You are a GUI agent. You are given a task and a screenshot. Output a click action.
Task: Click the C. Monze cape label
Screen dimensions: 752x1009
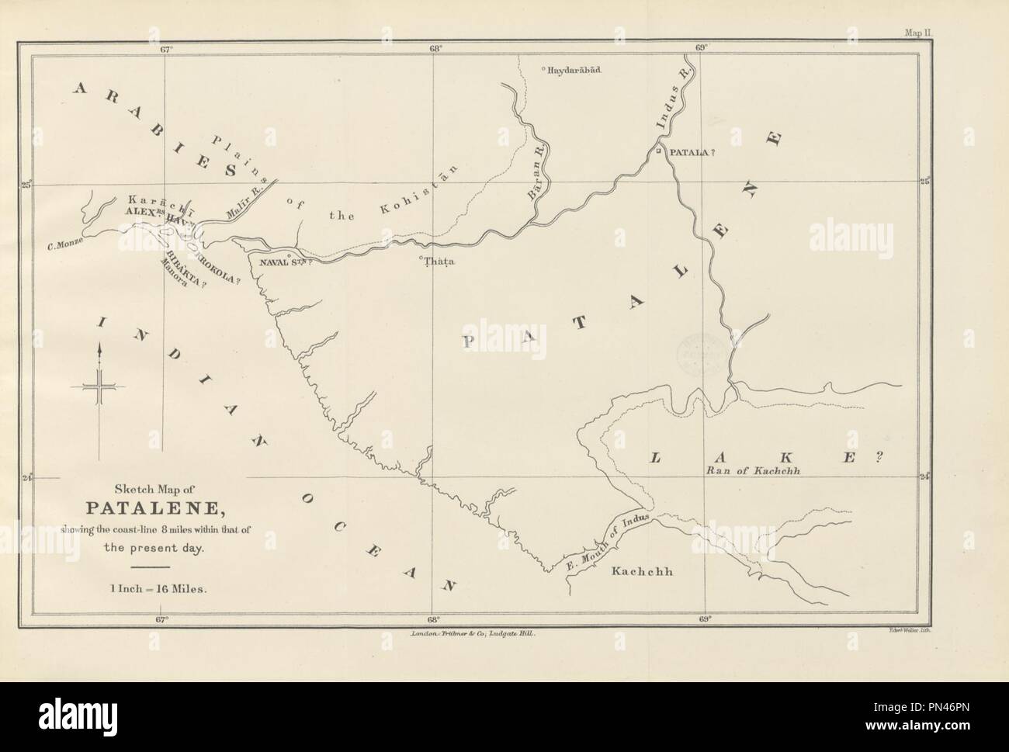click(x=64, y=248)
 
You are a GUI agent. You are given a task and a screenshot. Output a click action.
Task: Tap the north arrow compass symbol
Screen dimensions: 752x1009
click(x=99, y=386)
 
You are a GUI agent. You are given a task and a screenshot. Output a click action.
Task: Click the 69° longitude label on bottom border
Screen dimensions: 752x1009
click(x=703, y=619)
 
